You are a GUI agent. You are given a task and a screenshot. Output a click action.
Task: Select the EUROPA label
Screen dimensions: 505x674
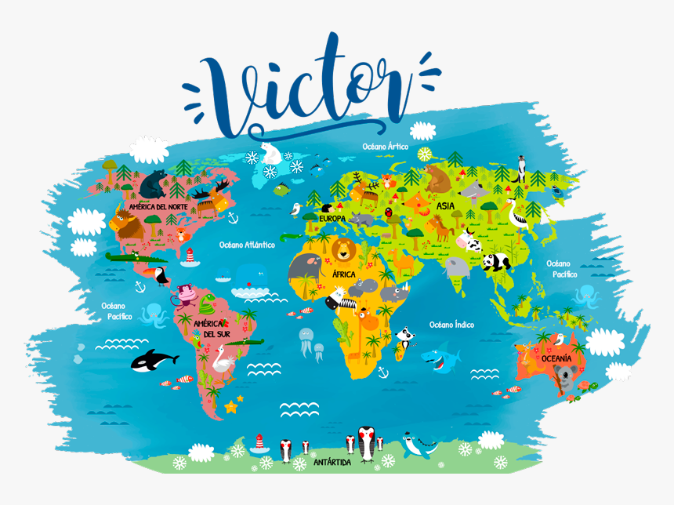[x=332, y=218]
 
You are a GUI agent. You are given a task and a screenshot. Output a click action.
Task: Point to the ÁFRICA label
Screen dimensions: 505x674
[x=343, y=274]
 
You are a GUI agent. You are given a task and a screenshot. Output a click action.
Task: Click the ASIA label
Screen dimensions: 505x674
[x=445, y=206]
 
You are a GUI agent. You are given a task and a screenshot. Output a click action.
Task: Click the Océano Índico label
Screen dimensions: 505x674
[x=451, y=324]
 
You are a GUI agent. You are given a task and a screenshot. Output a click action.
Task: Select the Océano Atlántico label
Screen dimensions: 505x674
[x=247, y=245]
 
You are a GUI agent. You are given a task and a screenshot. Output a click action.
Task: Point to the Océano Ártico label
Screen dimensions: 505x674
[x=385, y=146]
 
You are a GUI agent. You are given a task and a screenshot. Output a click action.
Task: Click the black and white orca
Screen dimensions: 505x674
[x=154, y=360]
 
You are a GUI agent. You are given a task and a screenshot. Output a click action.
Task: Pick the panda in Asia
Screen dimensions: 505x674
[x=495, y=262]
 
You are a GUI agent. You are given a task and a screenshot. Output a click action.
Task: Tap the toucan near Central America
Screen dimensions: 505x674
[x=160, y=275]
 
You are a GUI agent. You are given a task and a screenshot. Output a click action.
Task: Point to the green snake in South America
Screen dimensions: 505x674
[x=208, y=303]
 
